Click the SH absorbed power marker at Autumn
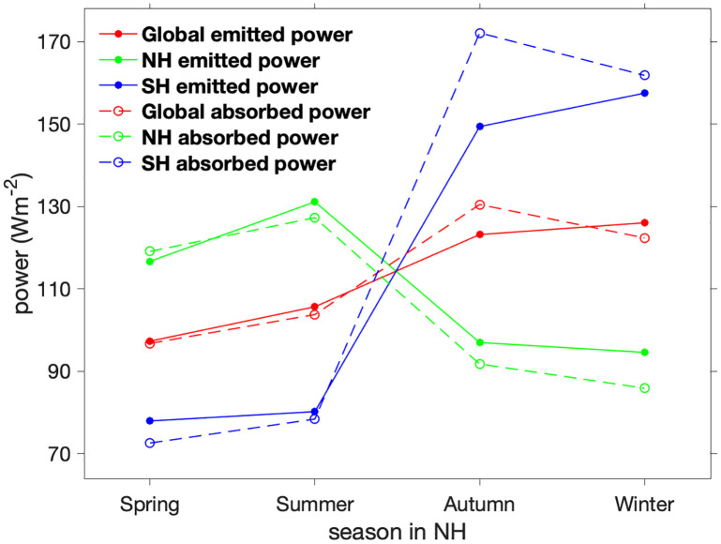pyautogui.click(x=480, y=33)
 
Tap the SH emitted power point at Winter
pyautogui.click(x=645, y=93)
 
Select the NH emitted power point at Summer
pyautogui.click(x=315, y=202)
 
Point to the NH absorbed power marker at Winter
pyautogui.click(x=645, y=388)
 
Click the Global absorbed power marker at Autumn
pyautogui.click(x=480, y=204)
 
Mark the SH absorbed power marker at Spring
pyautogui.click(x=150, y=443)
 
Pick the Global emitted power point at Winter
pyautogui.click(x=645, y=222)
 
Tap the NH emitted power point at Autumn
pyautogui.click(x=480, y=342)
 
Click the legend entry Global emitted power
pyautogui.click(x=247, y=37)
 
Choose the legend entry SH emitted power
pyautogui.click(x=229, y=87)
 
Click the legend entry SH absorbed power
pyautogui.click(x=238, y=163)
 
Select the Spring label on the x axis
pyautogui.click(x=150, y=505)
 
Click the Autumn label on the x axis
pyautogui.click(x=480, y=505)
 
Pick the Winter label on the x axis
pyautogui.click(x=645, y=505)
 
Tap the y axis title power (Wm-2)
pyautogui.click(x=21, y=249)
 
